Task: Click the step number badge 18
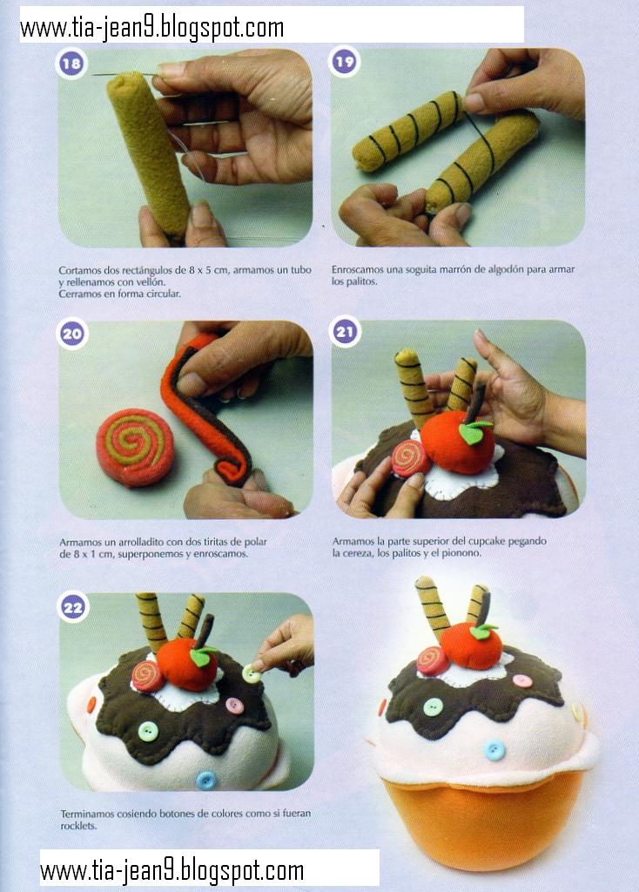[x=71, y=63]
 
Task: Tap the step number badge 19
[x=344, y=62]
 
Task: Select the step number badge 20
[x=72, y=334]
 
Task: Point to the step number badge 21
[x=345, y=332]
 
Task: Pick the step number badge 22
[x=73, y=607]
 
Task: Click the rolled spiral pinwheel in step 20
[x=135, y=448]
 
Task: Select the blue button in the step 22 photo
[x=205, y=780]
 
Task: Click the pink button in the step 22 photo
[x=234, y=706]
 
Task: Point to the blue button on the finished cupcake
[x=494, y=751]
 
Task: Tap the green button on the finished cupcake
[x=434, y=707]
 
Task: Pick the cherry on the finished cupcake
[x=471, y=646]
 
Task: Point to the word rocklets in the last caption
[x=78, y=826]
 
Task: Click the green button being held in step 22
[x=252, y=674]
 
